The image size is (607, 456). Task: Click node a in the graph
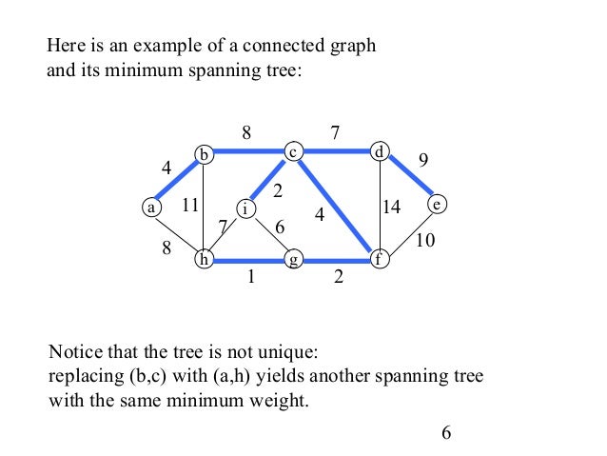click(x=150, y=206)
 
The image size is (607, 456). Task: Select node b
click(x=204, y=153)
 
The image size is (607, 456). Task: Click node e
click(x=437, y=205)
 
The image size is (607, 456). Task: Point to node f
click(x=380, y=258)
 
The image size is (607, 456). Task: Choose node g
click(x=294, y=258)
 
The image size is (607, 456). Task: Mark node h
click(x=204, y=258)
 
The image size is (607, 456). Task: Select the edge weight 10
click(x=425, y=241)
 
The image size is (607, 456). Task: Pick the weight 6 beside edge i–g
click(x=279, y=227)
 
